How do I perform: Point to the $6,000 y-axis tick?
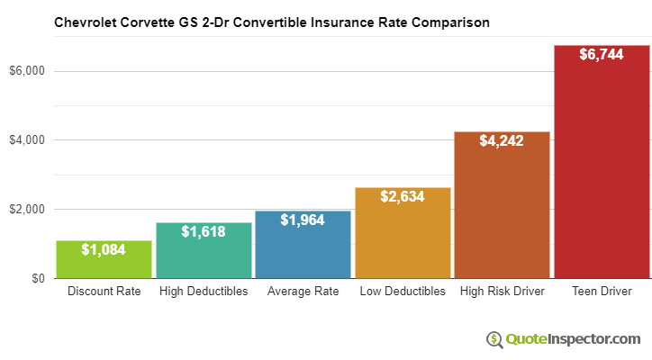click(26, 71)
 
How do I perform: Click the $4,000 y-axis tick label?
click(26, 140)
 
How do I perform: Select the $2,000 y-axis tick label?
click(26, 210)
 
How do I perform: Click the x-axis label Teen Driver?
click(602, 292)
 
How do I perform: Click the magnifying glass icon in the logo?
click(494, 339)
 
